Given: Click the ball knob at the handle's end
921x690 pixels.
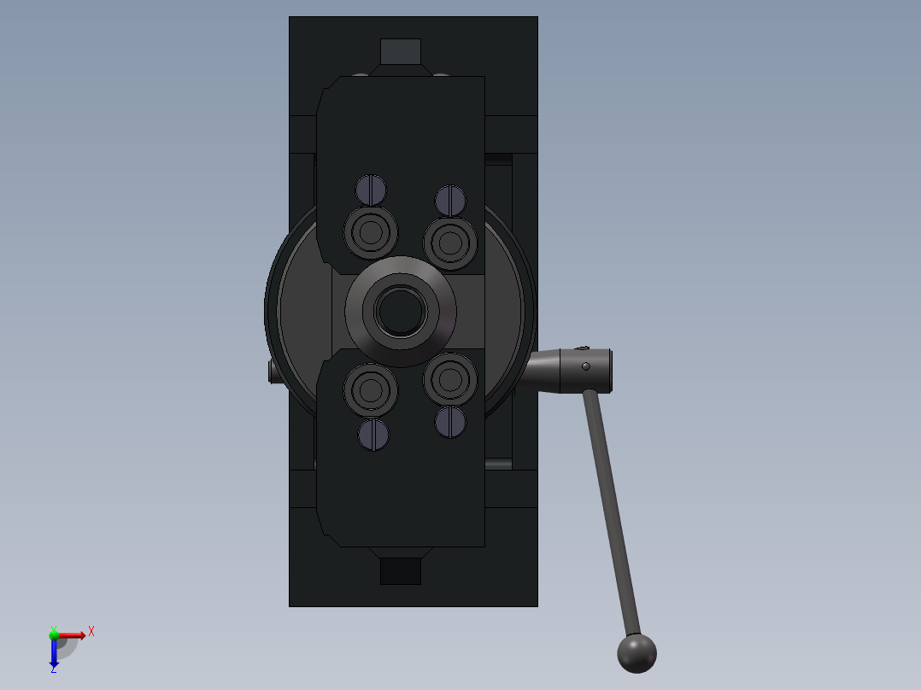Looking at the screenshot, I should (x=636, y=652).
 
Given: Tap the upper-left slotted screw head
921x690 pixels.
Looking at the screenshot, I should (x=371, y=189).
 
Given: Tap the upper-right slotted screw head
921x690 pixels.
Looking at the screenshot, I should (x=450, y=200).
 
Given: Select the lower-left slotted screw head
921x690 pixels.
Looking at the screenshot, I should (x=373, y=435).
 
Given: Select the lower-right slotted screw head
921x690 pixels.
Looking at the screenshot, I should (x=450, y=421).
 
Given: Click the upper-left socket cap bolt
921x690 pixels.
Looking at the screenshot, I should (x=371, y=231).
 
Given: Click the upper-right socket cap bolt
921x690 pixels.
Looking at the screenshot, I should (x=450, y=243).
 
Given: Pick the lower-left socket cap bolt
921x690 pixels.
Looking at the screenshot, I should (x=371, y=389).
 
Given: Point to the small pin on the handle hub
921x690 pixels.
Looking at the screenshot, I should (x=586, y=366).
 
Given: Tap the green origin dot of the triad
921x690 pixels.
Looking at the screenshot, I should (x=54, y=634).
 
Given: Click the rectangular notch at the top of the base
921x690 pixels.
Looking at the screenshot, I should (x=401, y=51).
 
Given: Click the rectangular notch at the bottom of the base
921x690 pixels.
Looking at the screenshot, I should (x=401, y=571).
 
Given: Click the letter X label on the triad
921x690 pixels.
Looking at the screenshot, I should (x=91, y=631).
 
